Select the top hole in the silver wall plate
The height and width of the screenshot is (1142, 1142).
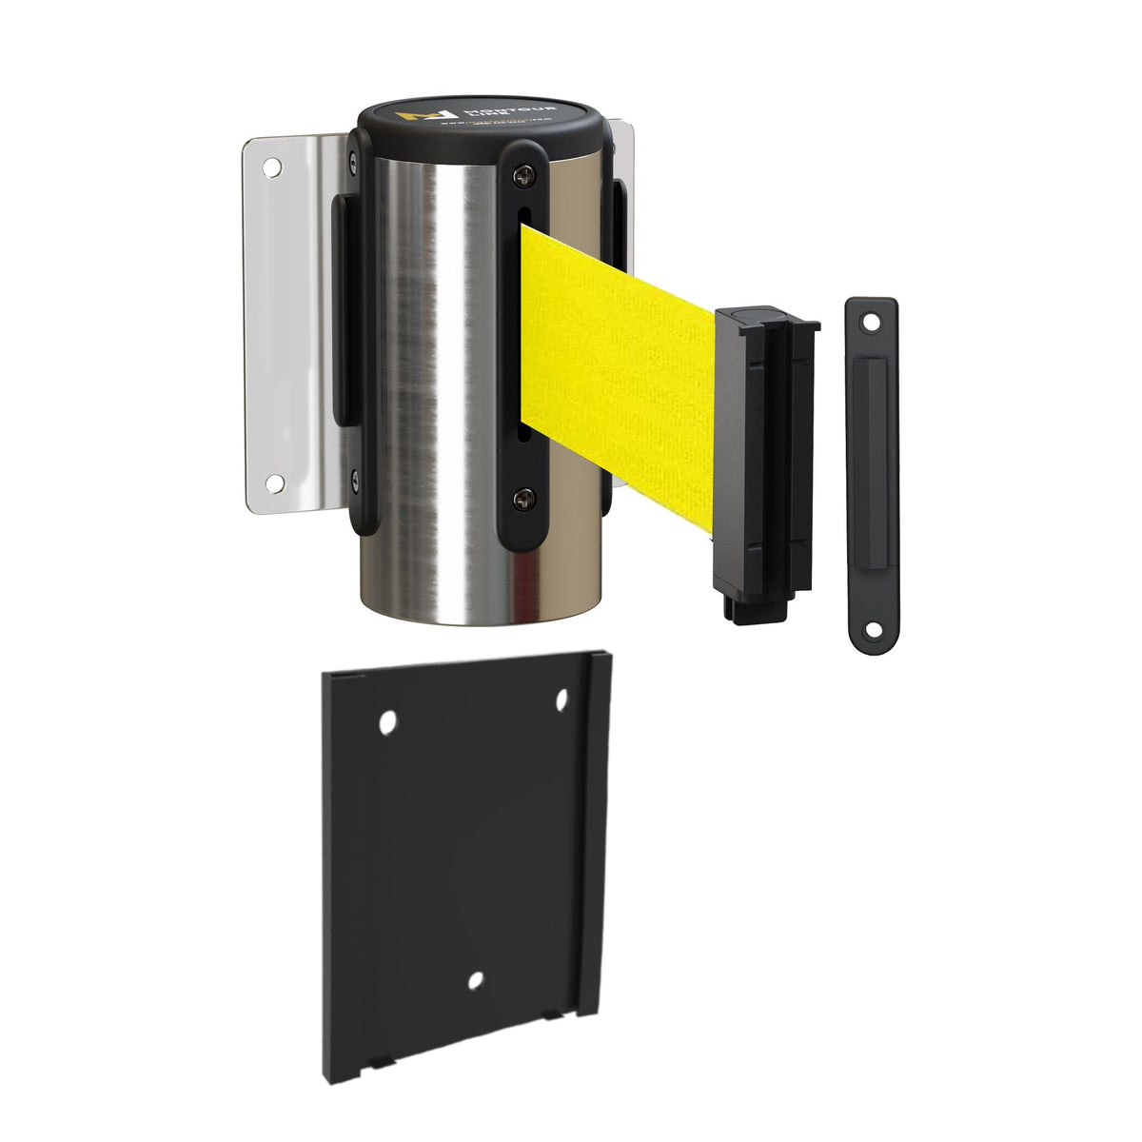pyautogui.click(x=272, y=168)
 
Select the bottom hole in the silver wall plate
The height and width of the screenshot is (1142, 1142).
pyautogui.click(x=274, y=482)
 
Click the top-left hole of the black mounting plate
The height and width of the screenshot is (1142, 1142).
pyautogui.click(x=387, y=724)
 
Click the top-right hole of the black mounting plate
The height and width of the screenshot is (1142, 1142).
pyautogui.click(x=561, y=701)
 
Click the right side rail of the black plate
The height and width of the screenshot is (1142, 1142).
pyautogui.click(x=595, y=837)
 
